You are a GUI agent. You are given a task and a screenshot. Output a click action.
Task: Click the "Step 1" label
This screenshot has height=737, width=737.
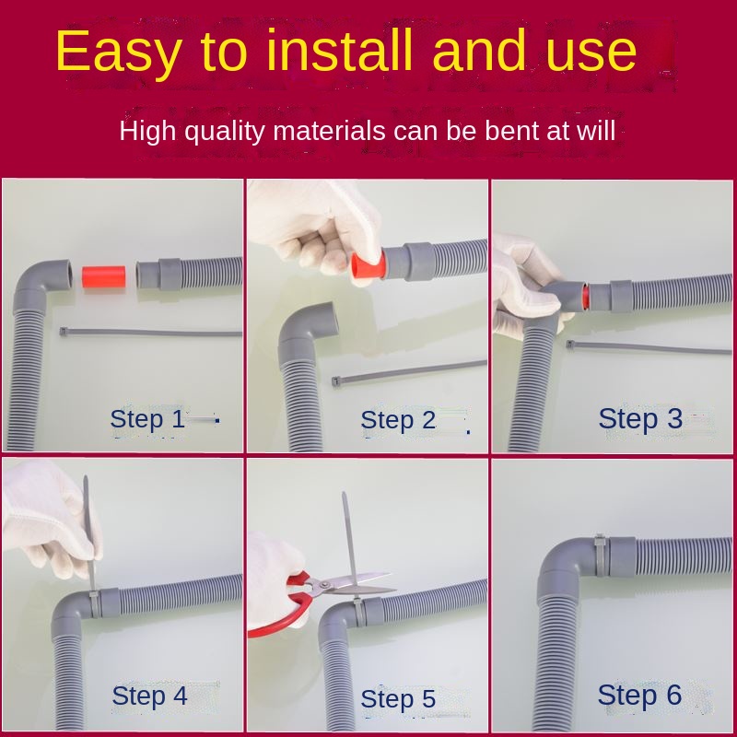click(147, 419)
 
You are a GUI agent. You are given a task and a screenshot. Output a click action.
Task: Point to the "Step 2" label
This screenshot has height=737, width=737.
click(398, 420)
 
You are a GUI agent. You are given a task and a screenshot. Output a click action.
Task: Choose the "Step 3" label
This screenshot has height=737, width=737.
click(640, 418)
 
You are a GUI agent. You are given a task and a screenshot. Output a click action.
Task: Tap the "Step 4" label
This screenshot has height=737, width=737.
click(149, 696)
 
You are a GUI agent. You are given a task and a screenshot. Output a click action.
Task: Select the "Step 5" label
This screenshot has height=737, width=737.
click(398, 698)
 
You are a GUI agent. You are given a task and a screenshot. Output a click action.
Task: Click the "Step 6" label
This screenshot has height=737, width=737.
click(639, 695)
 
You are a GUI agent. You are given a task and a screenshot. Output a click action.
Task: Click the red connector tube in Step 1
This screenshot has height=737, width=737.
click(103, 277)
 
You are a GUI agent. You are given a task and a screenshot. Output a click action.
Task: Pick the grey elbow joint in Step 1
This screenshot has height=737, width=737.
click(38, 286)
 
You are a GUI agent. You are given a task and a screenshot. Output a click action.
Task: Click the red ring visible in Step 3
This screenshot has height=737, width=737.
click(585, 297)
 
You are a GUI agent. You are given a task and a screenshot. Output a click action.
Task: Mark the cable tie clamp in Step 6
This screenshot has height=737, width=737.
click(600, 556)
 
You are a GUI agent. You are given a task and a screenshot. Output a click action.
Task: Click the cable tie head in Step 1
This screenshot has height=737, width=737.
click(64, 332)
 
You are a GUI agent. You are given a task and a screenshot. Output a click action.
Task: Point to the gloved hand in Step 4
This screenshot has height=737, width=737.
click(47, 517)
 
